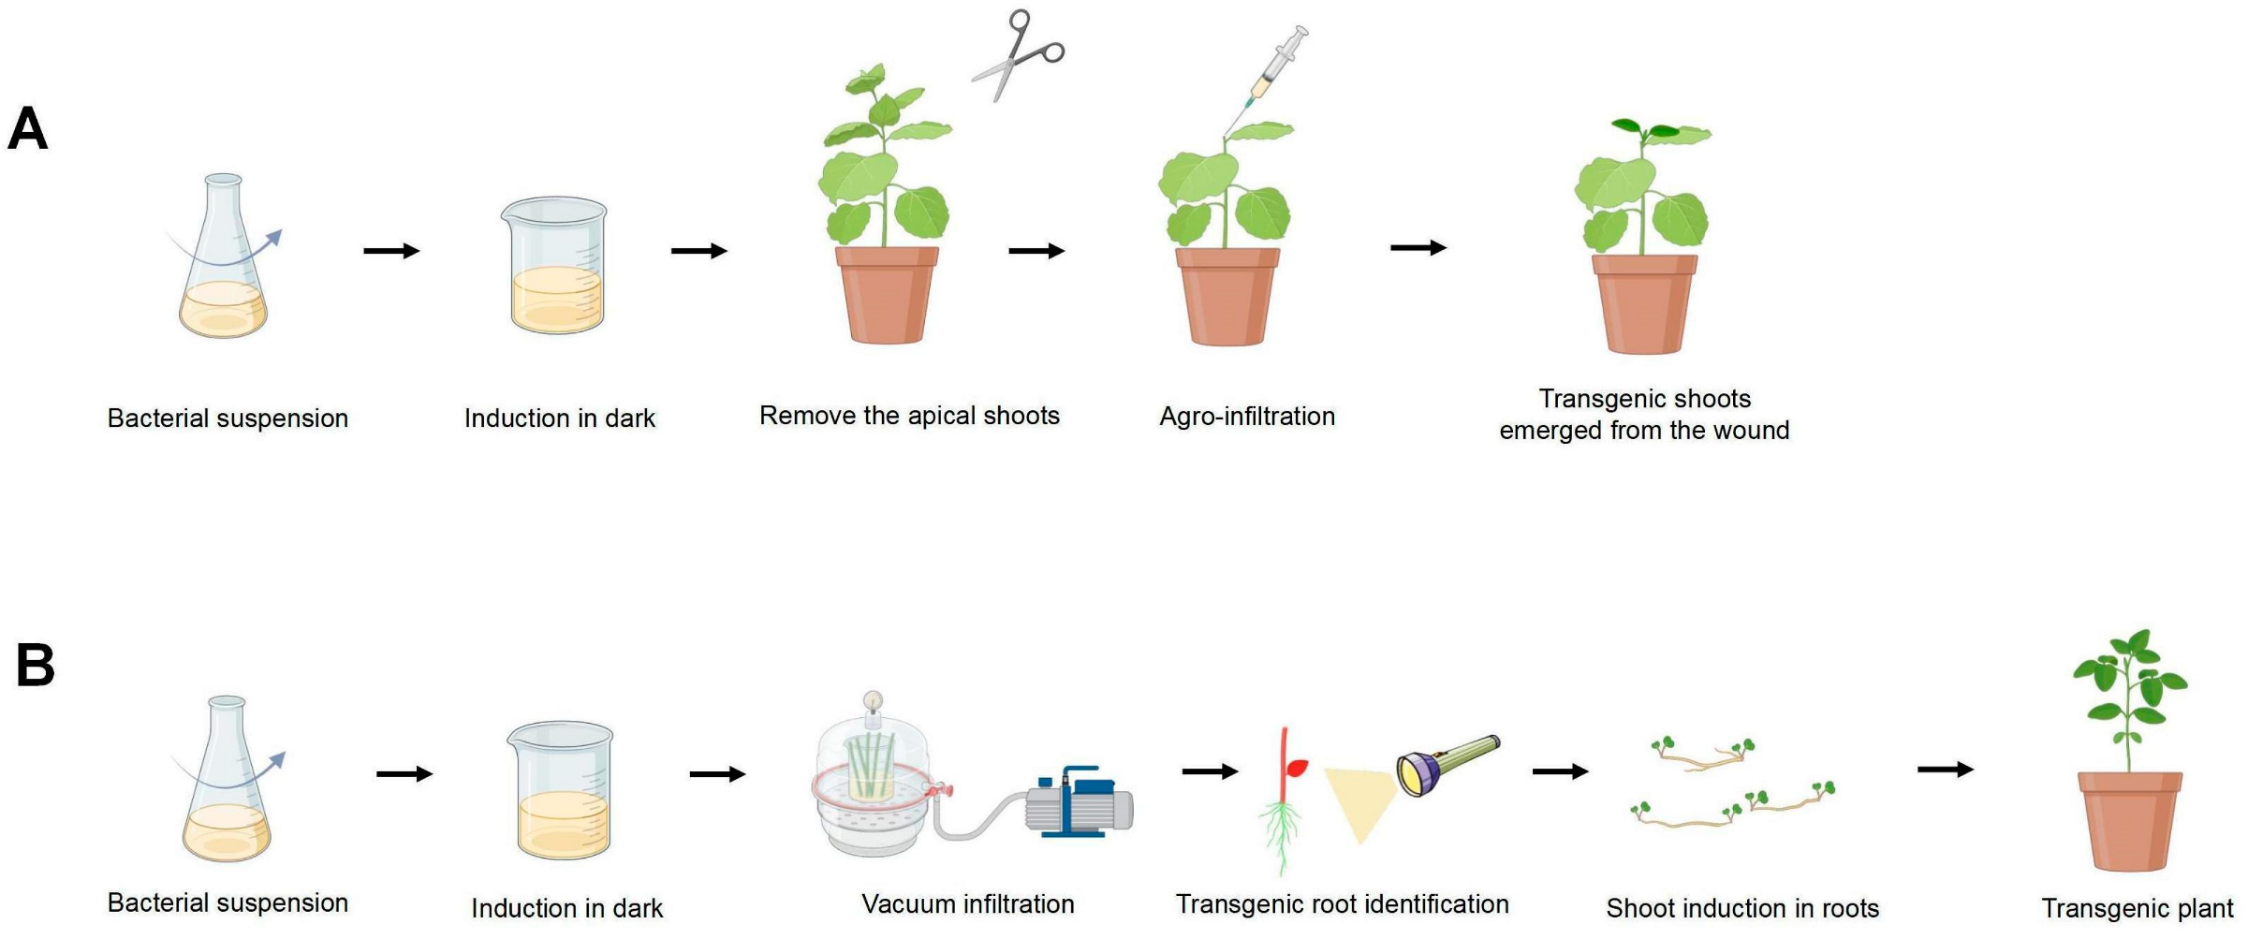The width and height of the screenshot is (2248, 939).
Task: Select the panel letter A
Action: [x=28, y=128]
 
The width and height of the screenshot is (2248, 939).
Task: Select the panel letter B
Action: [x=36, y=665]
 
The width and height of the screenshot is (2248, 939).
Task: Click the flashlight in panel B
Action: [x=1447, y=764]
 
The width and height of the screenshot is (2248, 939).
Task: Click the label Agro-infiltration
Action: [x=1246, y=416]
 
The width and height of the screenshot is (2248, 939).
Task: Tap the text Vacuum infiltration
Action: [x=967, y=903]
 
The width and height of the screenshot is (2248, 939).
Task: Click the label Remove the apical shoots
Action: [x=908, y=415]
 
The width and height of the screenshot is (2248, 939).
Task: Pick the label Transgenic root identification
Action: [x=1342, y=903]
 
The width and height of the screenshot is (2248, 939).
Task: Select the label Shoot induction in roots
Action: [x=1741, y=907]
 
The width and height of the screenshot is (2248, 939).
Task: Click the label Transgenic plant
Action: [x=2137, y=907]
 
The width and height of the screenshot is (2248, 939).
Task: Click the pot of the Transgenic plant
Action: [x=2129, y=820]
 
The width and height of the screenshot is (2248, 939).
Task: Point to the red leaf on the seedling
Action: [x=1297, y=769]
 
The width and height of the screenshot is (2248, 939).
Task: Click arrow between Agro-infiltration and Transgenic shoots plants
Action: [x=1418, y=247]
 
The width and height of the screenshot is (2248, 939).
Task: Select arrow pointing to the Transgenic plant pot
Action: [x=1945, y=770]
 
